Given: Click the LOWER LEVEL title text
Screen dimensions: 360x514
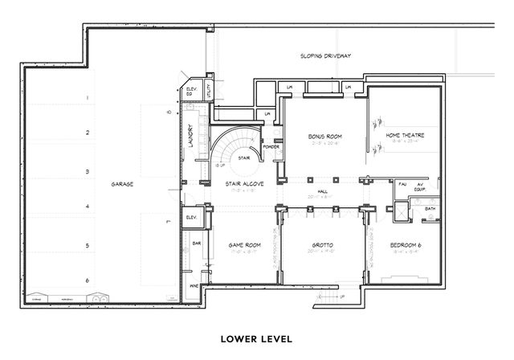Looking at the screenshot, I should click(256, 337).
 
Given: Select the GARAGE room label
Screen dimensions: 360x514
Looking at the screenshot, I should click(122, 184).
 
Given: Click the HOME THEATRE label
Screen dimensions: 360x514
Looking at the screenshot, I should click(405, 136).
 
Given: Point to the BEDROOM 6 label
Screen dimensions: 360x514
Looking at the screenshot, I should click(406, 244).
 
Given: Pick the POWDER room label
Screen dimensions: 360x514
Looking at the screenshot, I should click(271, 147).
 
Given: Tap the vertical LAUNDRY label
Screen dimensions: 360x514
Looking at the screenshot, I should click(191, 137).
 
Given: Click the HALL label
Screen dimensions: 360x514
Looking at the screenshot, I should click(322, 191).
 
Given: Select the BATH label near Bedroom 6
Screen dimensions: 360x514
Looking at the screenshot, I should click(430, 209).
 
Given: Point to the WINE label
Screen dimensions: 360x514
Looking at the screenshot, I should click(192, 284).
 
